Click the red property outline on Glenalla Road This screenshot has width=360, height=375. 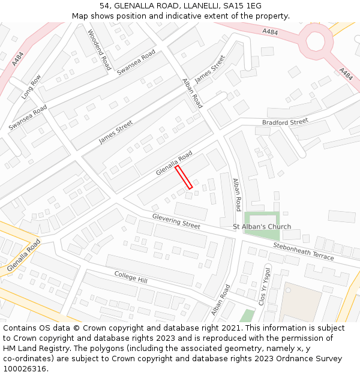click(184, 177)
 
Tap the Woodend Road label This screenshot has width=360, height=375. click(100, 50)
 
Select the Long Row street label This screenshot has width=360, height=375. click(31, 86)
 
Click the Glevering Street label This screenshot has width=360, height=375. click(176, 221)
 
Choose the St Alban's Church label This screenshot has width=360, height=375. click(262, 227)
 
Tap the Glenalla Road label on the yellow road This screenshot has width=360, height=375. click(25, 254)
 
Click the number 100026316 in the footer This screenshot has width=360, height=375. click(25, 369)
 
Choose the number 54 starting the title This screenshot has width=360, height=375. click(104, 5)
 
